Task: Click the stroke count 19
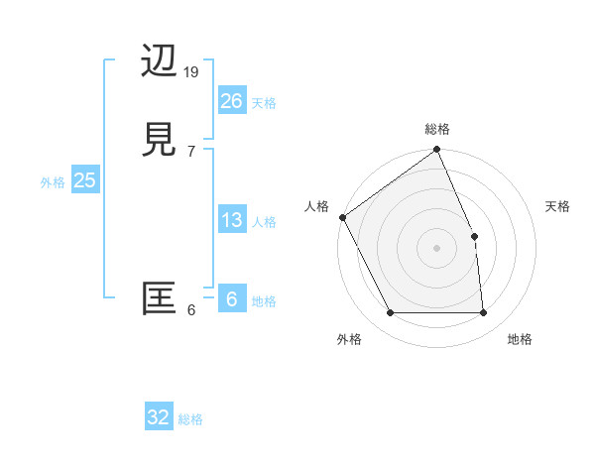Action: click(x=192, y=72)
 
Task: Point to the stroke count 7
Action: click(x=191, y=152)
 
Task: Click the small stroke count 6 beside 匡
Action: click(x=191, y=310)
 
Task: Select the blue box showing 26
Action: click(x=231, y=101)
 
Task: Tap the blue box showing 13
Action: click(x=231, y=220)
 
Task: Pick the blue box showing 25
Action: click(x=84, y=180)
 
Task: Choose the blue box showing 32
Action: click(x=159, y=417)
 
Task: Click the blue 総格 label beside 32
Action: click(x=190, y=419)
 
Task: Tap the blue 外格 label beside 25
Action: click(x=53, y=182)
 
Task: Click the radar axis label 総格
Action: click(x=437, y=129)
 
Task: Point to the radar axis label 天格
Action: click(x=558, y=206)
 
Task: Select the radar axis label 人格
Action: click(x=316, y=206)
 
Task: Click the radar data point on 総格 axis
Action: click(x=437, y=151)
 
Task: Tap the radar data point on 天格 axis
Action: click(x=474, y=236)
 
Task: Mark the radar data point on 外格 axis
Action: click(x=391, y=313)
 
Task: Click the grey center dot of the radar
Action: click(x=437, y=248)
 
